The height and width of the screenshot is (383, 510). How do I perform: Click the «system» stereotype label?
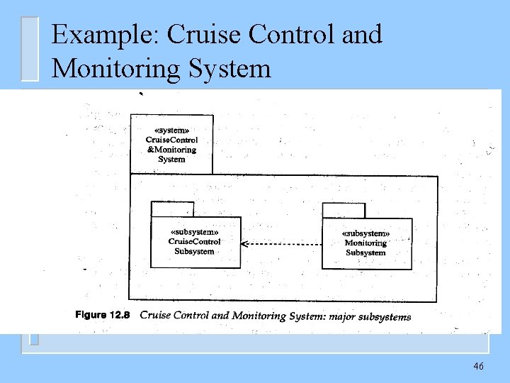click(171, 131)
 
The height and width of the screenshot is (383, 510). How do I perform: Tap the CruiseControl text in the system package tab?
click(171, 140)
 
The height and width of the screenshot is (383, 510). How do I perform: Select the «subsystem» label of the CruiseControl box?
click(195, 232)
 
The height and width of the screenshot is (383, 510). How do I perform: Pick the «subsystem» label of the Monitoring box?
click(365, 233)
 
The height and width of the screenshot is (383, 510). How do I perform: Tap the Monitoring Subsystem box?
click(366, 244)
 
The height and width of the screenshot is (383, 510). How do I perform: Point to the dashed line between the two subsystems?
click(283, 244)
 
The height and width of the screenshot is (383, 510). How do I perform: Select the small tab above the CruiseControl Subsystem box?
click(172, 209)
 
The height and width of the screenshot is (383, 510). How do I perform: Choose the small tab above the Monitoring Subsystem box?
click(344, 211)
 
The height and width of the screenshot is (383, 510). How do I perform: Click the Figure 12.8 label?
click(102, 315)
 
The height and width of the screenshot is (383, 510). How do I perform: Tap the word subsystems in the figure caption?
click(386, 317)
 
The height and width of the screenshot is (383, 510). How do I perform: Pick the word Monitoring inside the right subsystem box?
click(365, 243)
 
